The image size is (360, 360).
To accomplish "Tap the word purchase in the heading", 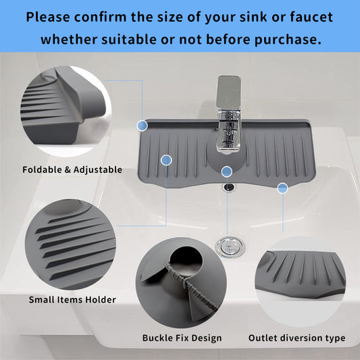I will click(x=284, y=39).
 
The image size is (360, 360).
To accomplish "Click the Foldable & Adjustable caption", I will click(x=72, y=170).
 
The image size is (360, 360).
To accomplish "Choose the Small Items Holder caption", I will click(x=72, y=299).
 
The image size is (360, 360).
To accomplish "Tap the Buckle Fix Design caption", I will click(x=182, y=337).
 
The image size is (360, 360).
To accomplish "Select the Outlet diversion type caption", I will click(x=297, y=337).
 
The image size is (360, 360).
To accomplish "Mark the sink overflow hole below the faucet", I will click(x=228, y=185).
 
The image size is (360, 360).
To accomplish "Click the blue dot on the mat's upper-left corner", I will click(x=142, y=125).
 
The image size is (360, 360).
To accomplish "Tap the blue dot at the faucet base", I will click(x=227, y=171).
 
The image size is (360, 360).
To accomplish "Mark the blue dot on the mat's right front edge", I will click(x=282, y=188).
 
